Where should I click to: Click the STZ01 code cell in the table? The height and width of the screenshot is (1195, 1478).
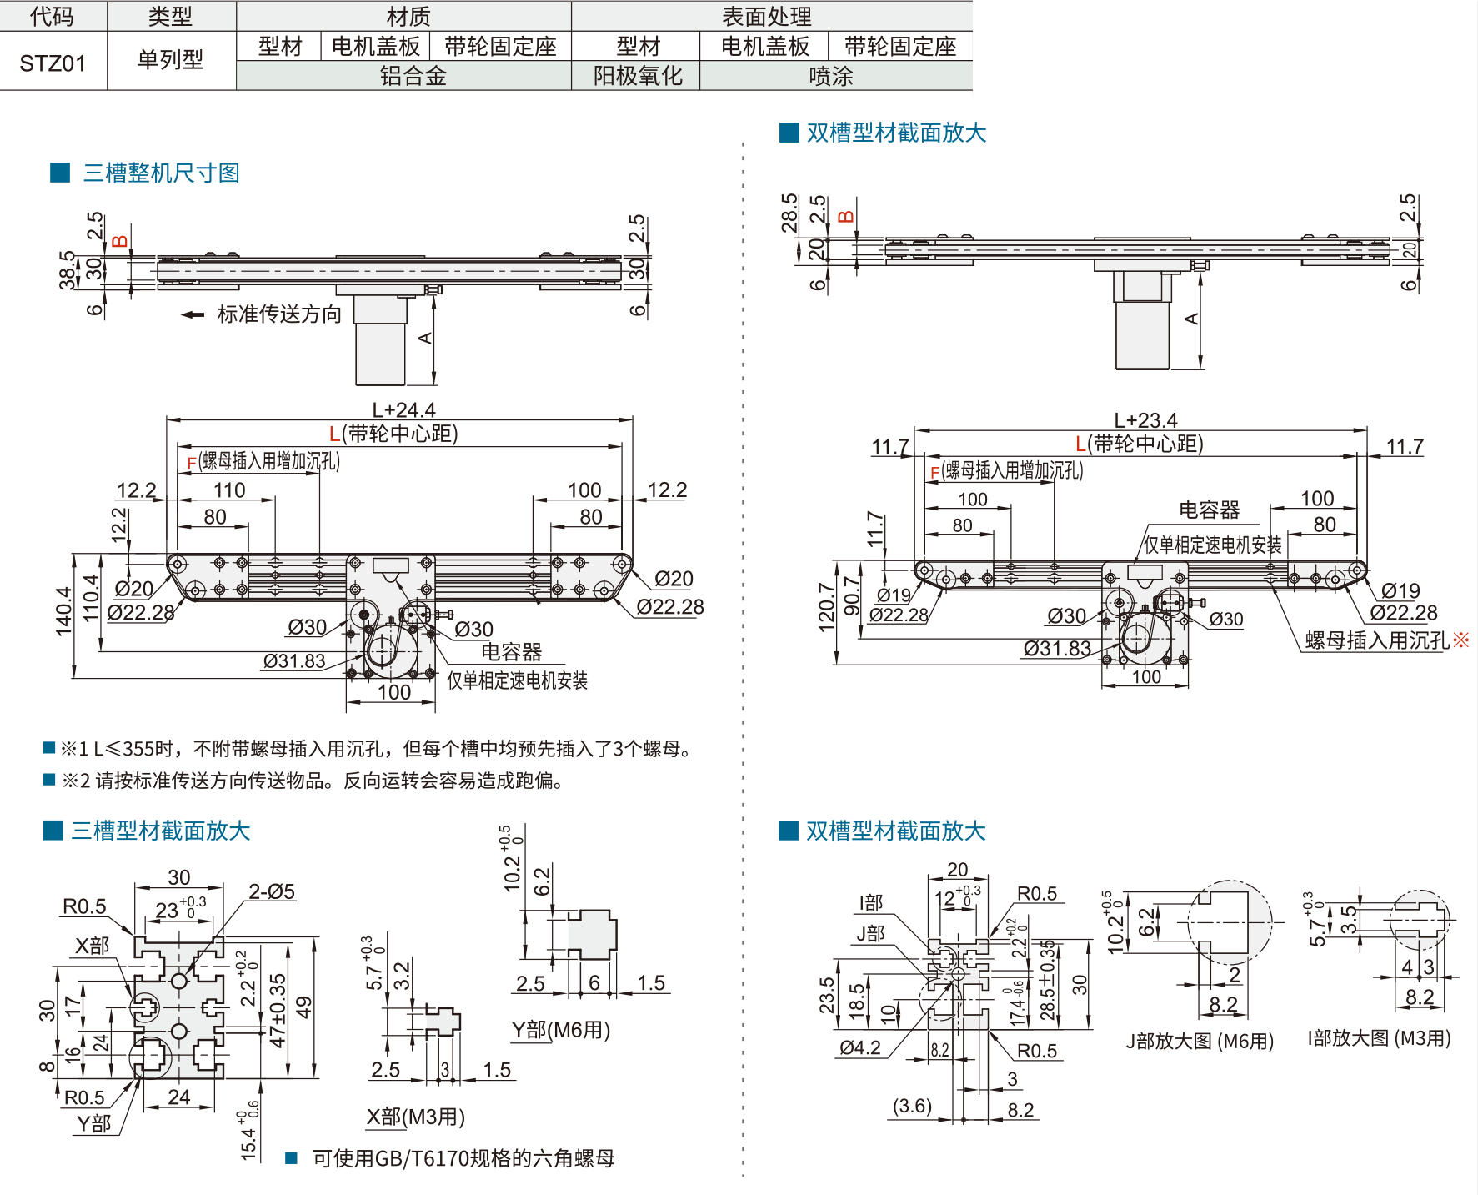pos(53,63)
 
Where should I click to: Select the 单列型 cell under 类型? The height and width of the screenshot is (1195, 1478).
pos(170,60)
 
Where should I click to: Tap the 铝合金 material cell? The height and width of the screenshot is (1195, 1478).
pos(413,76)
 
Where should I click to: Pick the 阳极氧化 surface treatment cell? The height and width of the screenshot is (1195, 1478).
pos(638,76)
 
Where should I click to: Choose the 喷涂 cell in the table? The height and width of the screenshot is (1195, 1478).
pos(831,76)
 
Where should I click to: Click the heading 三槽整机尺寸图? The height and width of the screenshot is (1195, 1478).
pos(161,173)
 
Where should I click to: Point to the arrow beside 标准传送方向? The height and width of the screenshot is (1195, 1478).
pos(193,314)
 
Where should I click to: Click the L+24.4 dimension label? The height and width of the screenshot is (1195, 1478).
pos(403,409)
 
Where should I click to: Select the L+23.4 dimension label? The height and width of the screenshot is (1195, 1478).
pos(1145,420)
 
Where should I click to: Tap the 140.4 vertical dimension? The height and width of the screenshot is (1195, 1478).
pos(64,611)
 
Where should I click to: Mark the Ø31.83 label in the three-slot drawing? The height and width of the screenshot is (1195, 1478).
pos(294,661)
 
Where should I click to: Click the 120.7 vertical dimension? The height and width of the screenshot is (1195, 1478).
pos(826,607)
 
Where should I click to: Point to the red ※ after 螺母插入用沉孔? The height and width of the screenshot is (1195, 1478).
pos(1460,640)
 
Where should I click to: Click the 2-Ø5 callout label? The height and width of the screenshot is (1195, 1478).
pos(272,891)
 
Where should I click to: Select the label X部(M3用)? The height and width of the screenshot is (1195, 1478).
pos(415,1117)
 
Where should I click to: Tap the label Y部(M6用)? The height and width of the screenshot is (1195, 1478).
pos(561,1030)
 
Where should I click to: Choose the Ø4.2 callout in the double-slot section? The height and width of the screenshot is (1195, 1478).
pos(860,1047)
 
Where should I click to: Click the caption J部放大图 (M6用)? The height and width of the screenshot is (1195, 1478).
pos(1200,1041)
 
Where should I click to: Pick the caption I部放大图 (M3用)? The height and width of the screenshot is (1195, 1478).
pos(1379,1038)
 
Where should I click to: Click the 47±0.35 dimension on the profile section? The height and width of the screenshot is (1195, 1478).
pos(278,1010)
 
